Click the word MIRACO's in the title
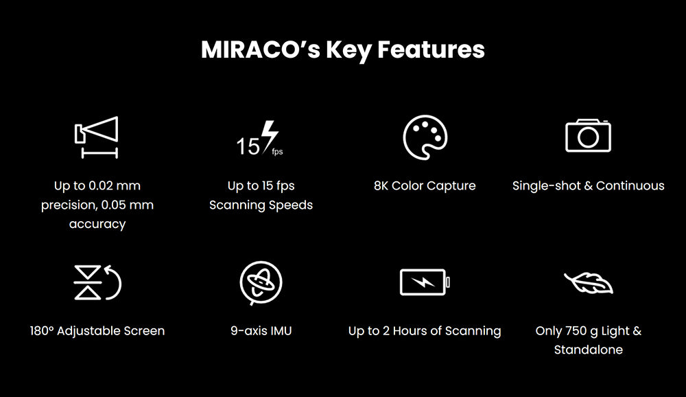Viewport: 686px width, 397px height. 261,49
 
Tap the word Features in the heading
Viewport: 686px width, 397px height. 431,49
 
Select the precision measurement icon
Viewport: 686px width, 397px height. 96,137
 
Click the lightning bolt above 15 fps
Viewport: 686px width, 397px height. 269,136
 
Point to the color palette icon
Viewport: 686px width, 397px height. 425,137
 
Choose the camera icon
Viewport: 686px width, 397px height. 588,135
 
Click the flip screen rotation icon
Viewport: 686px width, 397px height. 97,282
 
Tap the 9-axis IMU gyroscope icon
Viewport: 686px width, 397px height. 261,282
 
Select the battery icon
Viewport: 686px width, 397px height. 425,282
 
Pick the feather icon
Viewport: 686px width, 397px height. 589,282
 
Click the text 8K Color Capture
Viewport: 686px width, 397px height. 425,185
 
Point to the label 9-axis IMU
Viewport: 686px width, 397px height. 261,330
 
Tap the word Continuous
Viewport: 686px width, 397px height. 630,185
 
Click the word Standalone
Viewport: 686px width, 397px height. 589,350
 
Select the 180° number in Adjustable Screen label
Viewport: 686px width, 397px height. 42,330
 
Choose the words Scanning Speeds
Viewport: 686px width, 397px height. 261,205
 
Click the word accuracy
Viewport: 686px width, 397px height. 97,225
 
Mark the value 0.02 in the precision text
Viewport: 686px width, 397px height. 102,185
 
